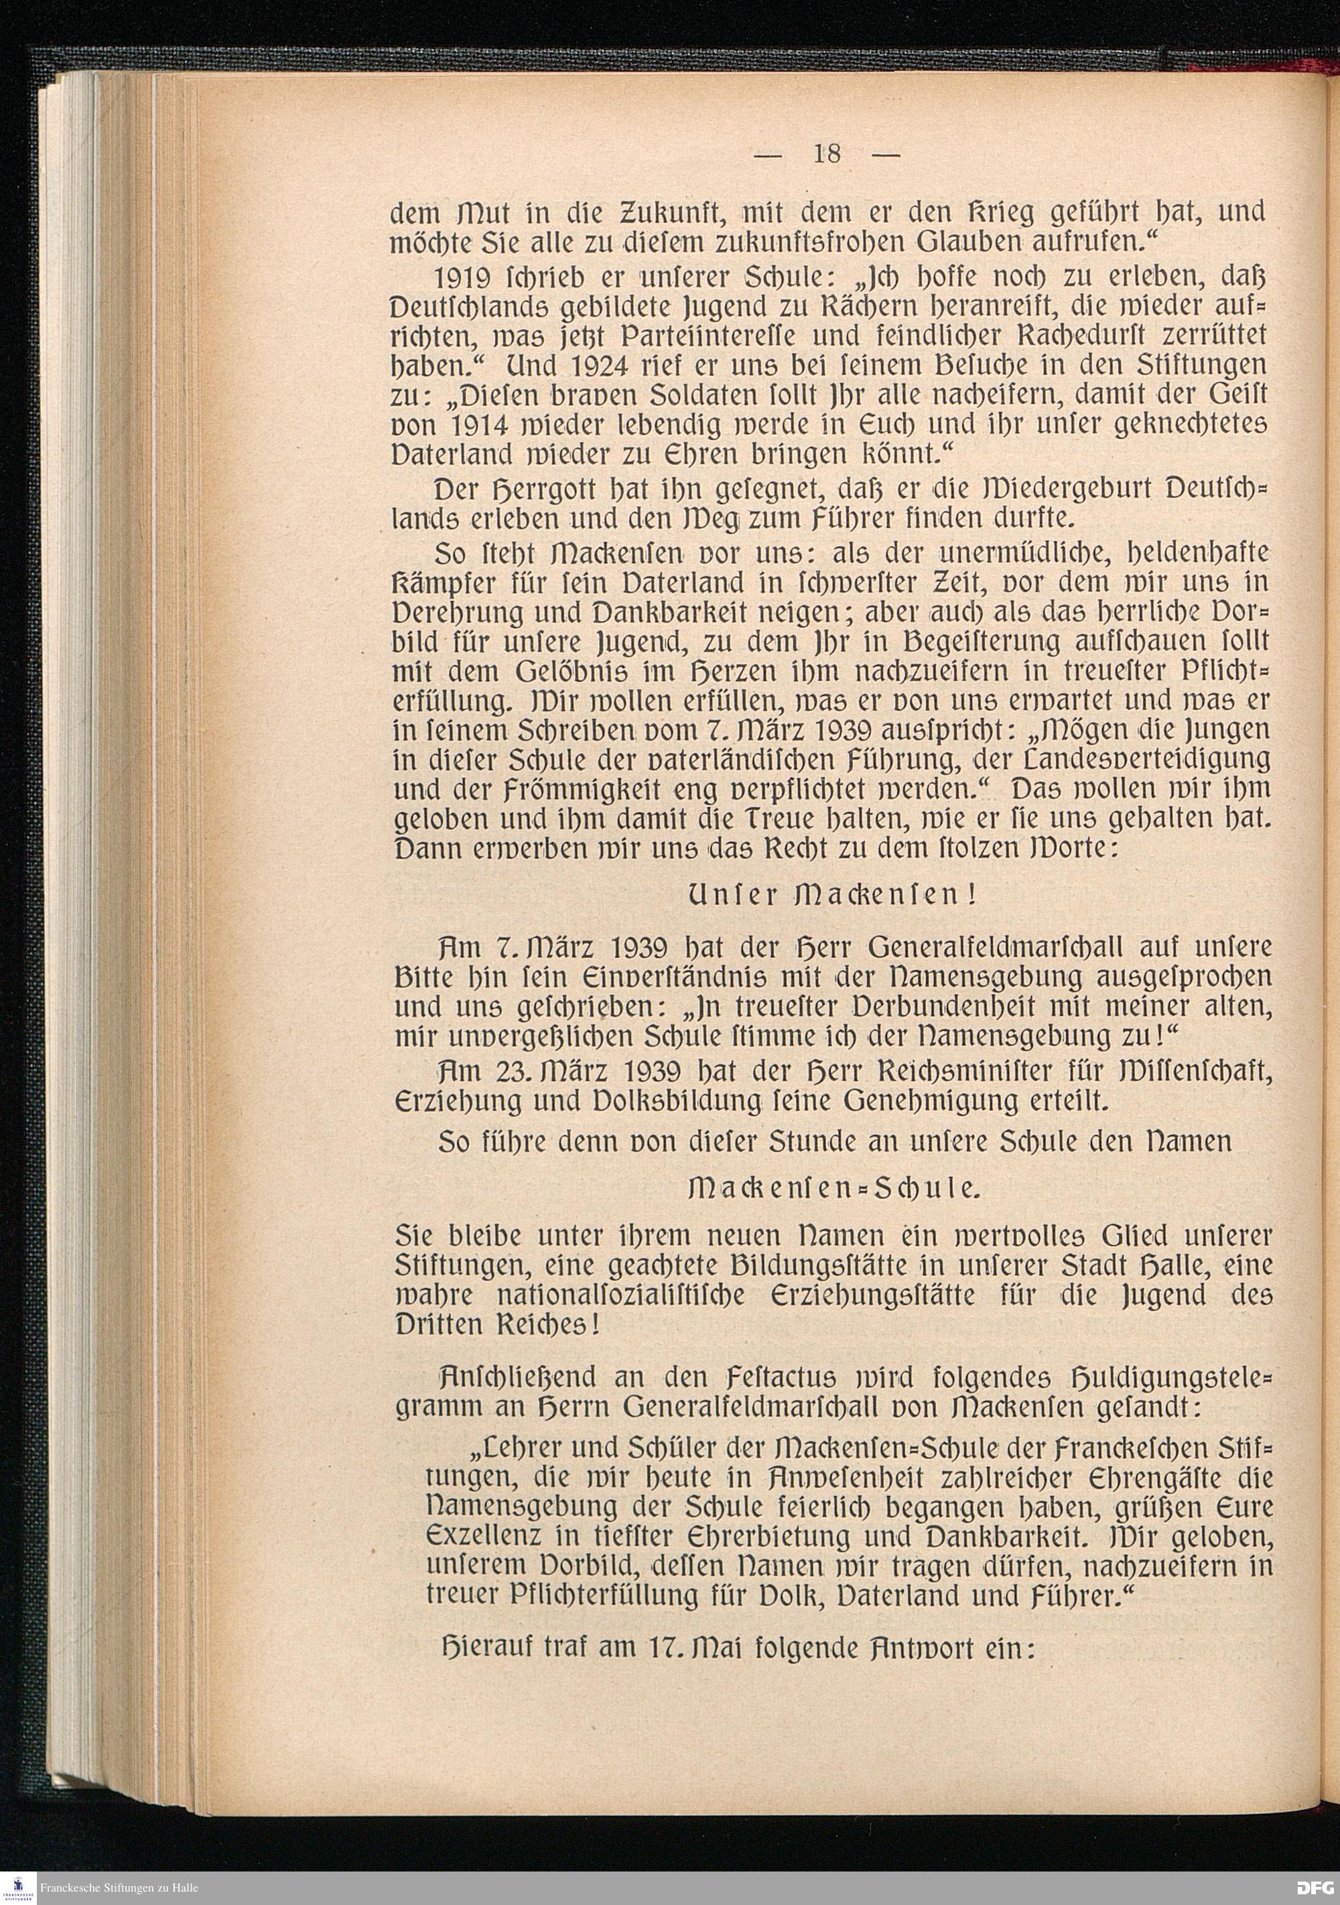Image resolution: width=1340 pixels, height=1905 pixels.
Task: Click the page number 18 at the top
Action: (827, 153)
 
